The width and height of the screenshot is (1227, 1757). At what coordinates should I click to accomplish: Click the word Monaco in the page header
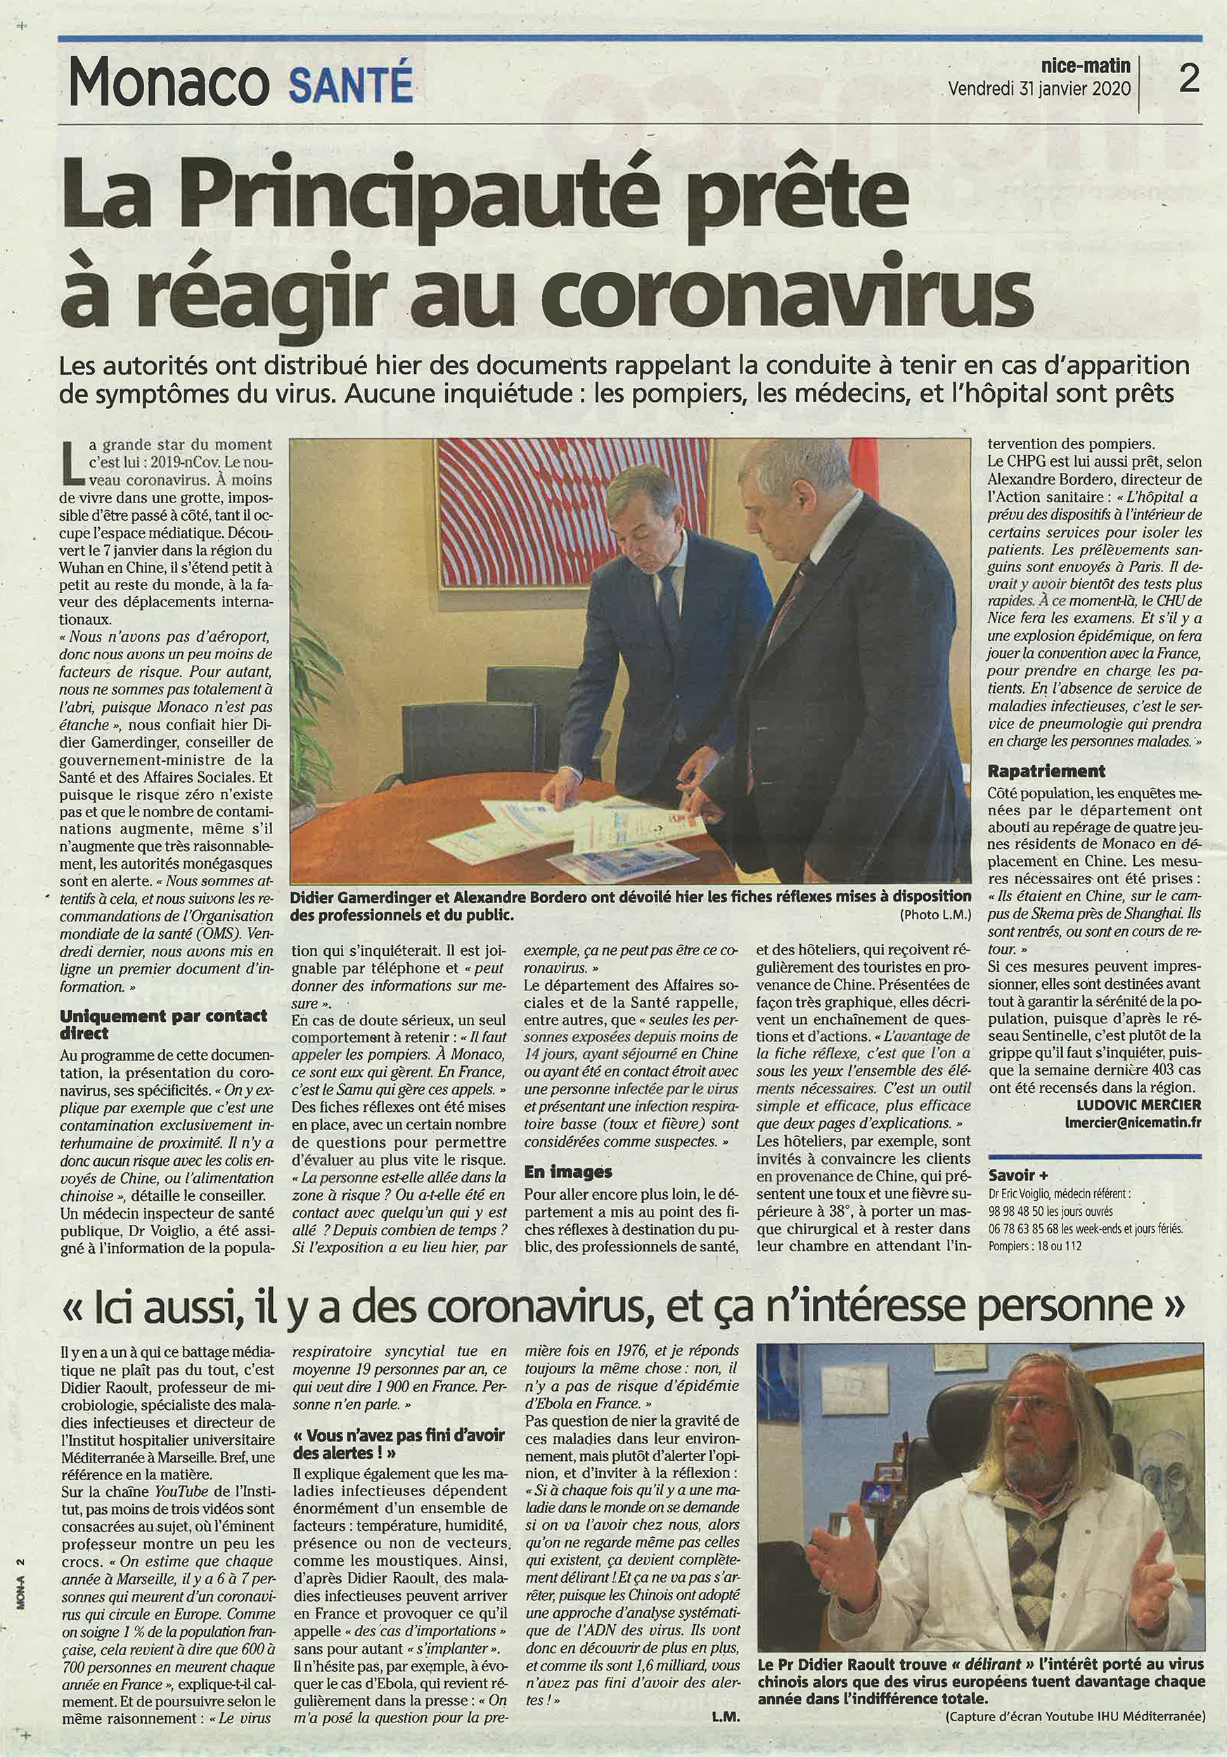click(168, 84)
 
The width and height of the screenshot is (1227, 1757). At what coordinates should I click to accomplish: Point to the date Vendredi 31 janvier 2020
click(1039, 88)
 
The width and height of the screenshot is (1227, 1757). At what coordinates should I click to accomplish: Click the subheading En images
click(568, 1171)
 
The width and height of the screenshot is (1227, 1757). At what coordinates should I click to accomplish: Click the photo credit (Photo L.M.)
click(935, 914)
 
